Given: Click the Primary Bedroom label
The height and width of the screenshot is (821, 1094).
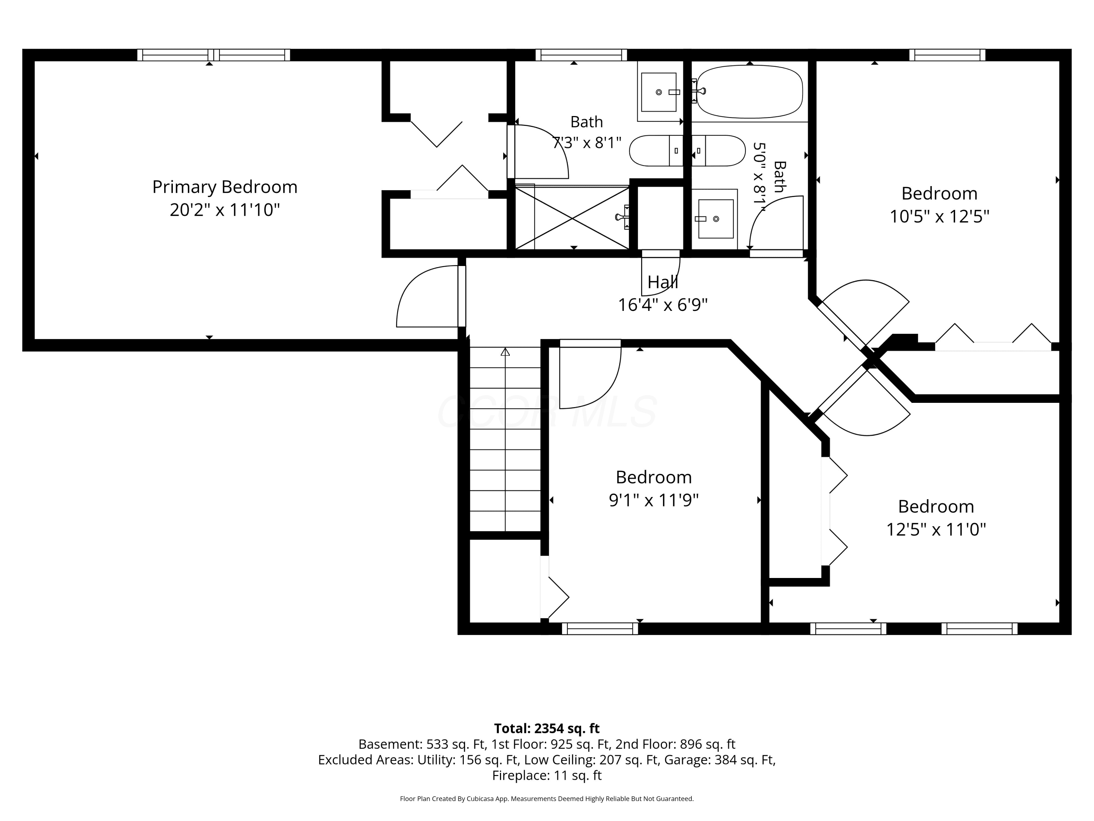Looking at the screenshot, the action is (225, 187).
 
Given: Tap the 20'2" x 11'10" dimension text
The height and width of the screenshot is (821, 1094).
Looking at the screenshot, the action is (225, 210).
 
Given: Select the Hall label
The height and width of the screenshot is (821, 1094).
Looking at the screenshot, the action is (663, 282).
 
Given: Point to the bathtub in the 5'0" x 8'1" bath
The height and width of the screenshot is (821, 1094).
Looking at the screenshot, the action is (749, 92).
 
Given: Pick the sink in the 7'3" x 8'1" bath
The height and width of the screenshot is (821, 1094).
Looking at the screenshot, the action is (659, 92).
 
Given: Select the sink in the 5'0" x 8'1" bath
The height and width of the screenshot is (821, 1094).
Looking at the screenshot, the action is (715, 219).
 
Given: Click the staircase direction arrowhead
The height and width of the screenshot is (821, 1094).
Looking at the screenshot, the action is (505, 352).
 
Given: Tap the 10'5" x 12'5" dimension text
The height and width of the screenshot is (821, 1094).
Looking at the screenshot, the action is (939, 217).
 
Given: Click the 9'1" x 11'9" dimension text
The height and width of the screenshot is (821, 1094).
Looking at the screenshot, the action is (653, 500).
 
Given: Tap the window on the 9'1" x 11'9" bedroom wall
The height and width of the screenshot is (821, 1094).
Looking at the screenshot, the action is (600, 628).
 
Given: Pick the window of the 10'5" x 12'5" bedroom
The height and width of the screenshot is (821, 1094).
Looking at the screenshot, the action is (947, 55).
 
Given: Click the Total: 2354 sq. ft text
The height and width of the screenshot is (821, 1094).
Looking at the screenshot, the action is (547, 728).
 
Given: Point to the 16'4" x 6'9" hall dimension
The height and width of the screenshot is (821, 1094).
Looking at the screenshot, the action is (663, 305).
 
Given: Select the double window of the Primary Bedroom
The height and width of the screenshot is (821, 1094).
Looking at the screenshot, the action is (214, 55).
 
